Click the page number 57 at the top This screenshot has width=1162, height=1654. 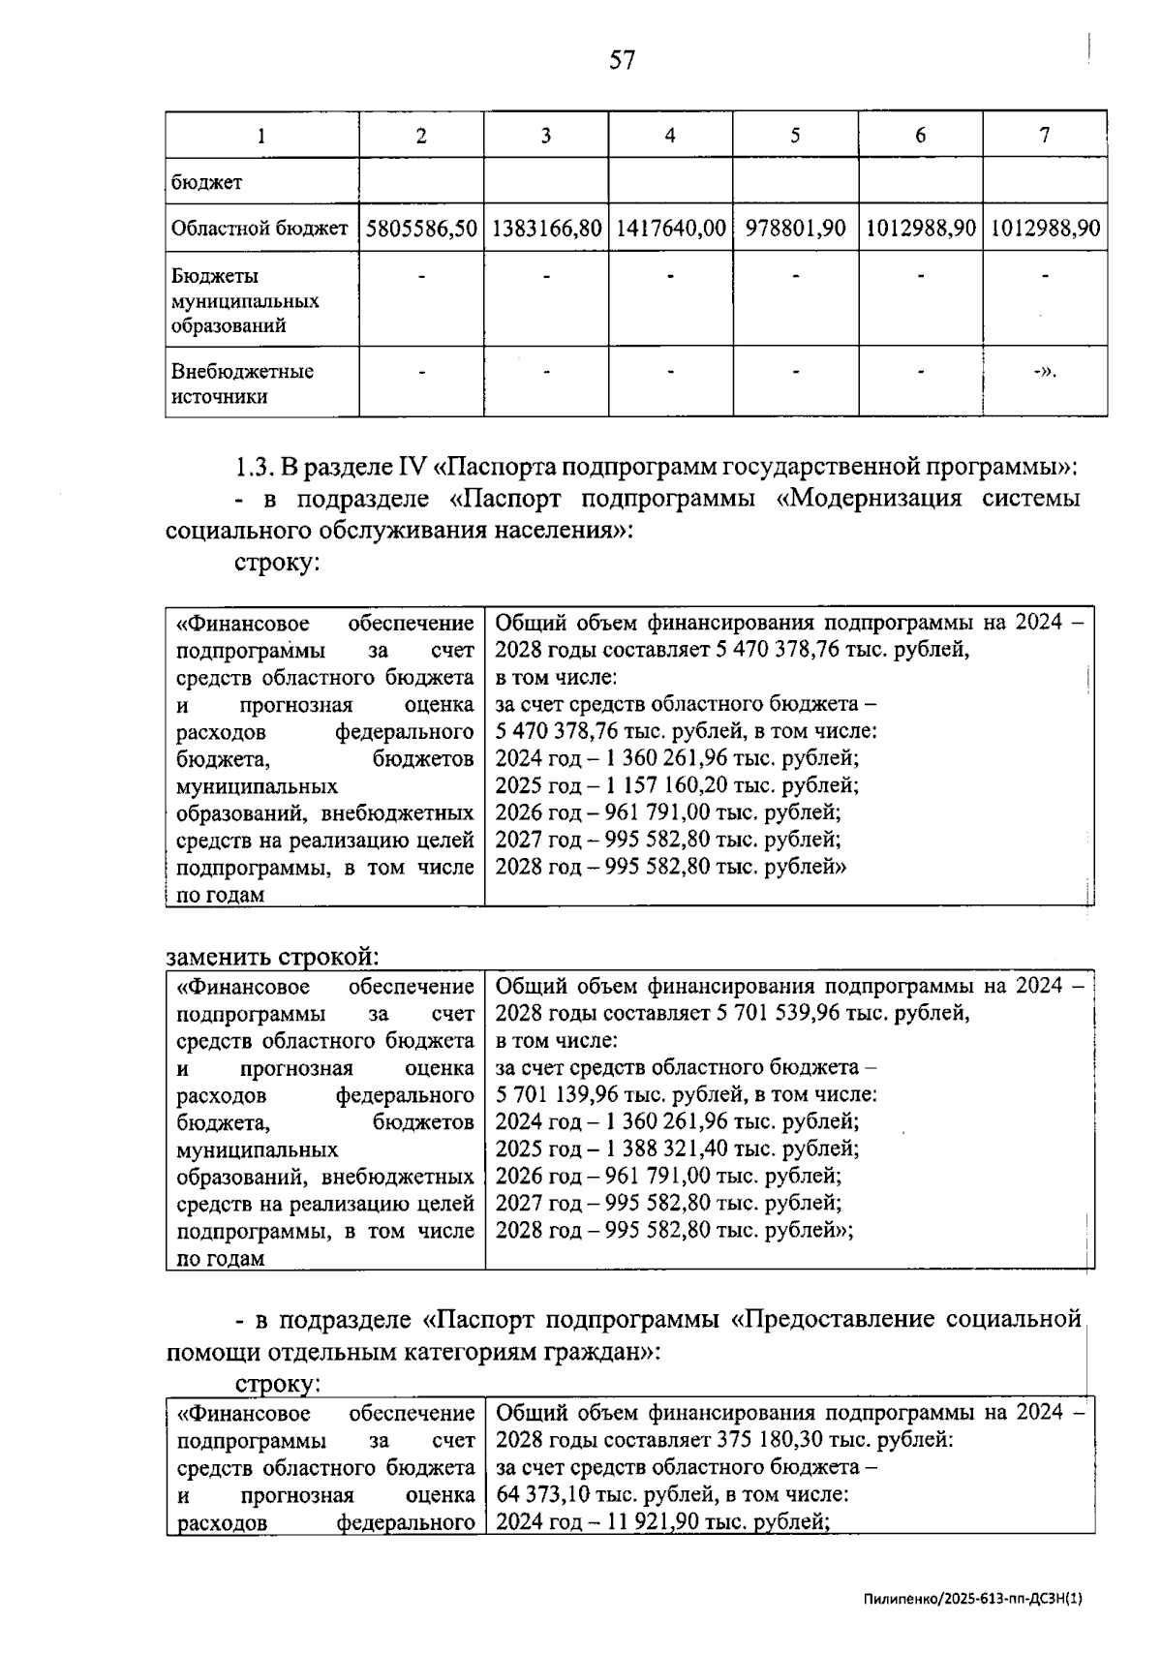623,61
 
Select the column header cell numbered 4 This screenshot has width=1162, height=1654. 670,136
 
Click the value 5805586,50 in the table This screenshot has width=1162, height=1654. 421,229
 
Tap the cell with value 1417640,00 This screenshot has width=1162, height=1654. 670,229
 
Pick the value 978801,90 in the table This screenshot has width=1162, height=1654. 795,229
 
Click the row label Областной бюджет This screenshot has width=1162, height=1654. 259,229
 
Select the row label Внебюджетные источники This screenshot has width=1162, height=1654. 242,383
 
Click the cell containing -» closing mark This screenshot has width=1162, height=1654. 1044,372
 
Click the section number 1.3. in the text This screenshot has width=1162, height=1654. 255,468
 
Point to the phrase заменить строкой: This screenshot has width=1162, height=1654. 272,957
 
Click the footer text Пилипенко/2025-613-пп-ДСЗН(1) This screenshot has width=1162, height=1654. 972,1599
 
